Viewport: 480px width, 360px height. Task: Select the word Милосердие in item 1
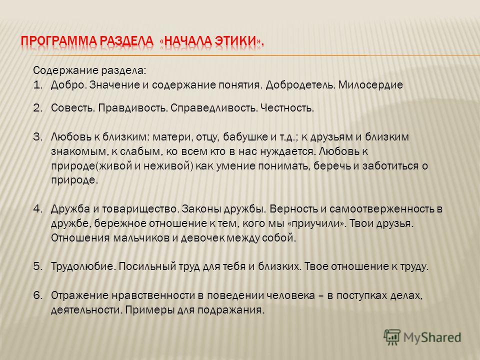(x=370, y=85)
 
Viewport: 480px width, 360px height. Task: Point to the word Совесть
(x=73, y=108)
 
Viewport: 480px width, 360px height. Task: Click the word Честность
(x=287, y=108)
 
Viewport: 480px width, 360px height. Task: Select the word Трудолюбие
(x=83, y=266)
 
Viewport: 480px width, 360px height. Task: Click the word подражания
(x=231, y=310)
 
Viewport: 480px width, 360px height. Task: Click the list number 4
(x=37, y=209)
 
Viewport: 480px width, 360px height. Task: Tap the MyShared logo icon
(x=392, y=337)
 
